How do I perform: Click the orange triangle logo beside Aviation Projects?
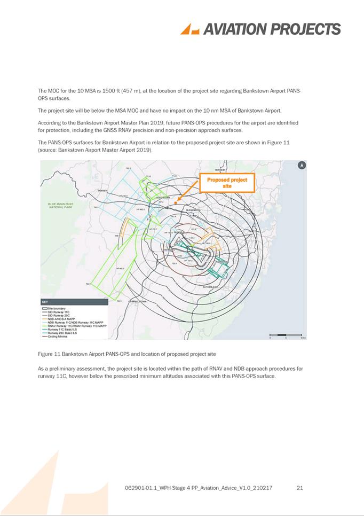189,29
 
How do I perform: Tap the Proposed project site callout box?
227,183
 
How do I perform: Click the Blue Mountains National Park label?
60,205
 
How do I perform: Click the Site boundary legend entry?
56,308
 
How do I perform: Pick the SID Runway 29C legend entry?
59,316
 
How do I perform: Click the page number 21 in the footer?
299,488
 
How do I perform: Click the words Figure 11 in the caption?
49,354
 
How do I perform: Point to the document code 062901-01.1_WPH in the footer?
148,488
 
